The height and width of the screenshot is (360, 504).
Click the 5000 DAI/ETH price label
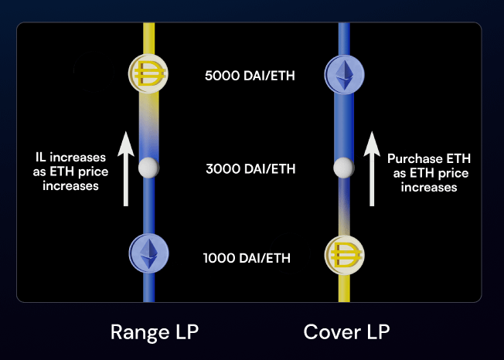[250, 76]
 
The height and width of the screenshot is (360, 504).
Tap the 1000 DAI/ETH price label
[247, 258]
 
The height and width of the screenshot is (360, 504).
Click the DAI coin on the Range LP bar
[148, 75]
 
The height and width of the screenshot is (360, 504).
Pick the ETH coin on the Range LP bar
[148, 253]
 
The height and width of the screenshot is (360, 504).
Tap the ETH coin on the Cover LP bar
[344, 75]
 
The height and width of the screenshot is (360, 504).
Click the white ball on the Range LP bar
[148, 168]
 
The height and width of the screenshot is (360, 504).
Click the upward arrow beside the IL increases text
[127, 169]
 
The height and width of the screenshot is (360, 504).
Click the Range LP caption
[155, 332]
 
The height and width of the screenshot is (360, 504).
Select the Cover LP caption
[346, 332]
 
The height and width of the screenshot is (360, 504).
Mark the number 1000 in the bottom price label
[217, 258]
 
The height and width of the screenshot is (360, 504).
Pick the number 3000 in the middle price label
[220, 168]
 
